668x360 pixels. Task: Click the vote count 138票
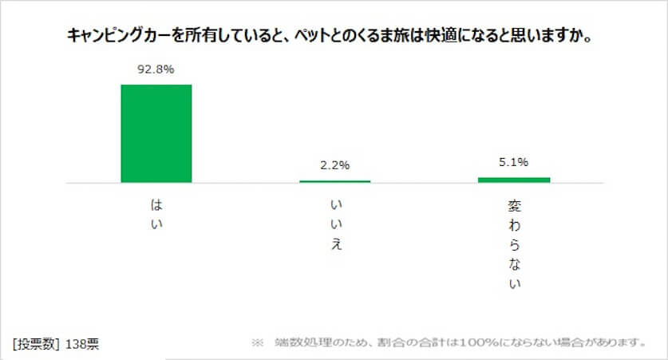click(83, 344)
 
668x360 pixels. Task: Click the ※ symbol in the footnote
click(257, 343)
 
